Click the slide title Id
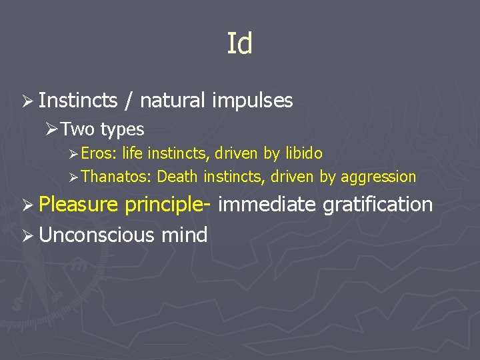[x=239, y=45]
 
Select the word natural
[x=173, y=101]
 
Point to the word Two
[x=79, y=129]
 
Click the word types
[x=122, y=129]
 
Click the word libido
[x=303, y=154]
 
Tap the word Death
[x=178, y=177]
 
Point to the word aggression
[x=378, y=177]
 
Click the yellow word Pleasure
[x=78, y=204]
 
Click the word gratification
[x=377, y=205]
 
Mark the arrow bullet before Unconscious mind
[x=27, y=235]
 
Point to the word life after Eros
[x=132, y=154]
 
